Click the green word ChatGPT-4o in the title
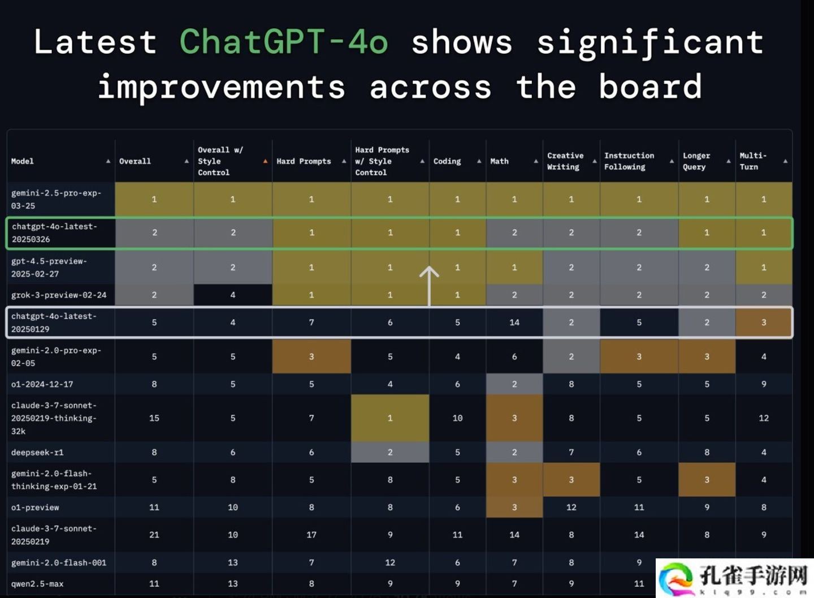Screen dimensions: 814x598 pyautogui.click(x=284, y=42)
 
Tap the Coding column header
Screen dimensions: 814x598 pyautogui.click(x=447, y=161)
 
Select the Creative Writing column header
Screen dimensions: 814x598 pyautogui.click(x=565, y=161)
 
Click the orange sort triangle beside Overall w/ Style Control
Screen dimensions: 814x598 pyautogui.click(x=265, y=161)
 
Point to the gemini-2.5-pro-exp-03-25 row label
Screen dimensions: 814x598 pyautogui.click(x=57, y=199)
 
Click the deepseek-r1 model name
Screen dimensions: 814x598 pyautogui.click(x=37, y=452)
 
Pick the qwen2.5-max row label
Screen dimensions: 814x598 pyautogui.click(x=37, y=584)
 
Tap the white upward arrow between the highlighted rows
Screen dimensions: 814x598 pyautogui.click(x=429, y=286)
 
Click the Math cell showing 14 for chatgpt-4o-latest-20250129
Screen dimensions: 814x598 pyautogui.click(x=514, y=322)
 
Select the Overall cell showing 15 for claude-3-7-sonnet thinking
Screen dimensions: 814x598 pyautogui.click(x=154, y=418)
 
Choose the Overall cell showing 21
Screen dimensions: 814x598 pyautogui.click(x=154, y=535)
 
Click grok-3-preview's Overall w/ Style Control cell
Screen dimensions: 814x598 pyautogui.click(x=233, y=295)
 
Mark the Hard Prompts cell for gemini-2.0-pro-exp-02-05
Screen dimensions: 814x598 pyautogui.click(x=311, y=356)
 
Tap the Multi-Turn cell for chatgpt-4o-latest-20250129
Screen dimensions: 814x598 pyautogui.click(x=764, y=322)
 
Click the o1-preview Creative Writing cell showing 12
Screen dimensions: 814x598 pyautogui.click(x=571, y=507)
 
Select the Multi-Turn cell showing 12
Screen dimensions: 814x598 pyautogui.click(x=764, y=418)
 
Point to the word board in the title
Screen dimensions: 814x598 pyautogui.click(x=650, y=87)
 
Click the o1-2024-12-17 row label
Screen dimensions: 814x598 pyautogui.click(x=42, y=384)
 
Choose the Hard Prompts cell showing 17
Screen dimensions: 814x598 pyautogui.click(x=311, y=535)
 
